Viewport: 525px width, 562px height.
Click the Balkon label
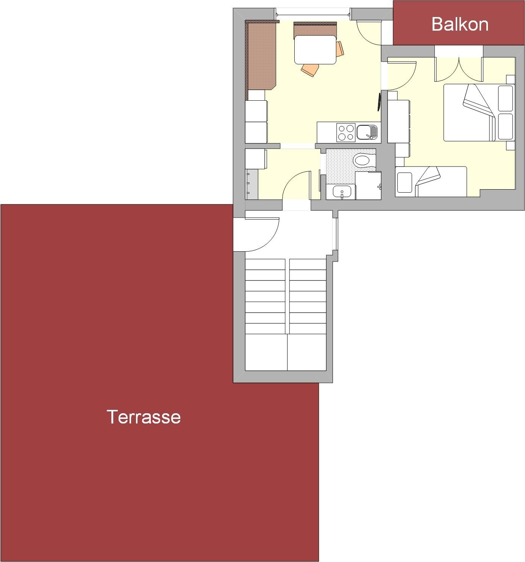pos(459,24)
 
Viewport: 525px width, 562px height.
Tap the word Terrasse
pos(144,417)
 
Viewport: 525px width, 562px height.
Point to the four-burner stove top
pos(346,132)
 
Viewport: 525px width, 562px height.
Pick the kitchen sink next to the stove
pos(367,132)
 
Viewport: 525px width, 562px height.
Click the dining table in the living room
pos(315,50)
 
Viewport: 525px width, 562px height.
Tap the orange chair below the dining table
pos(310,70)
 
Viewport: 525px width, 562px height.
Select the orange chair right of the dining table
pos(340,48)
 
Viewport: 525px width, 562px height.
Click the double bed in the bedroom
pos(479,112)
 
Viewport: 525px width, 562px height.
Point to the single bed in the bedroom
pos(431,182)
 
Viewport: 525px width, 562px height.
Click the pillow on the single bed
pos(405,183)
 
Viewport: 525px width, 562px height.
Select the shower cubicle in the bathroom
pos(368,186)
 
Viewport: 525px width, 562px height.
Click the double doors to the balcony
pos(459,69)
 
